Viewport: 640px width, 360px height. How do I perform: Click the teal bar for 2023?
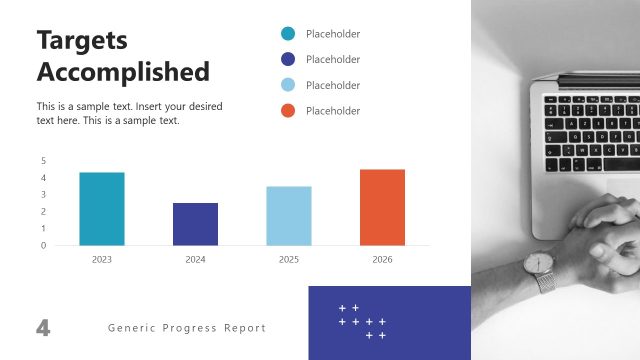pyautogui.click(x=102, y=209)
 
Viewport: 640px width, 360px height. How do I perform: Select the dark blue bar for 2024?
pyautogui.click(x=195, y=224)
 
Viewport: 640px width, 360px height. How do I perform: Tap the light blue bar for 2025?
pyautogui.click(x=289, y=216)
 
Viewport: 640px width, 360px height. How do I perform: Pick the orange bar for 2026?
pyautogui.click(x=382, y=207)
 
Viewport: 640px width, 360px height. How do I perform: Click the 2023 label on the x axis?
pyautogui.click(x=102, y=259)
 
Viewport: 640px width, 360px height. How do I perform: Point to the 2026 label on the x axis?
pyautogui.click(x=382, y=259)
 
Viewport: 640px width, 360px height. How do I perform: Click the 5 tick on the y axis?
pyautogui.click(x=43, y=161)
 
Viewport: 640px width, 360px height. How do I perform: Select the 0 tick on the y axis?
pyautogui.click(x=43, y=245)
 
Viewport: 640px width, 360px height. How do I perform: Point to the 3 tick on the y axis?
pyautogui.click(x=43, y=195)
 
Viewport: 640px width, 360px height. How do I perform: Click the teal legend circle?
pyautogui.click(x=289, y=34)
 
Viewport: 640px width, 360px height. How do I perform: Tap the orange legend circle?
pyautogui.click(x=289, y=110)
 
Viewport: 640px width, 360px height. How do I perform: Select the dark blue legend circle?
pyautogui.click(x=289, y=59)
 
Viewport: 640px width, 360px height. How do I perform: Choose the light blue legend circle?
pyautogui.click(x=289, y=85)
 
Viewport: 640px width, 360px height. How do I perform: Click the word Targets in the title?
pyautogui.click(x=83, y=40)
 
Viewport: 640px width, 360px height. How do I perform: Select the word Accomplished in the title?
pyautogui.click(x=123, y=72)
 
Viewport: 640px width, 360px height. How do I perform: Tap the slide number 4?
pyautogui.click(x=43, y=327)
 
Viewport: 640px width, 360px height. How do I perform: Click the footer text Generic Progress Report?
pyautogui.click(x=187, y=328)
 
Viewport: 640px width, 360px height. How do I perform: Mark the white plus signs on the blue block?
pyautogui.click(x=363, y=321)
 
